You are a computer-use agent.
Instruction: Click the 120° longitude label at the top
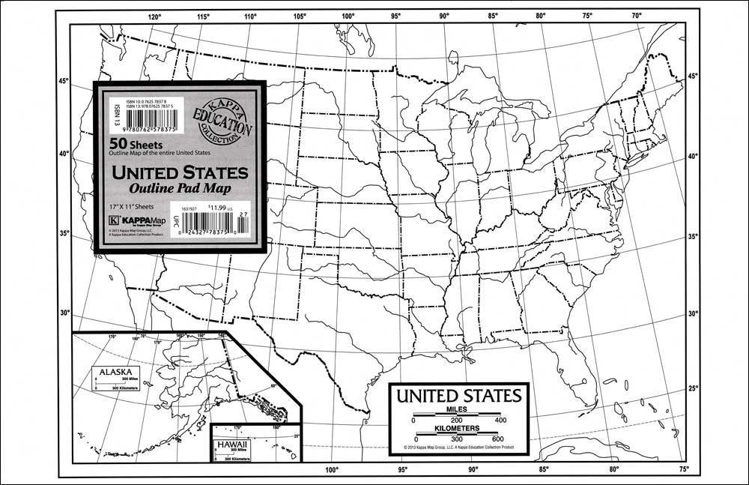(x=155, y=16)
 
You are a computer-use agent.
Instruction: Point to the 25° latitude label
(x=693, y=388)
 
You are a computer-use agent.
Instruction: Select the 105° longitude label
(x=300, y=16)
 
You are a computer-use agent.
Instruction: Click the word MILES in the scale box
(x=457, y=409)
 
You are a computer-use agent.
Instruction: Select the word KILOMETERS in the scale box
(x=457, y=428)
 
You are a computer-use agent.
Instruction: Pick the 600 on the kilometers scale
(x=498, y=439)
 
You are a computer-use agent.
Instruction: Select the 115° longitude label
(x=203, y=16)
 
